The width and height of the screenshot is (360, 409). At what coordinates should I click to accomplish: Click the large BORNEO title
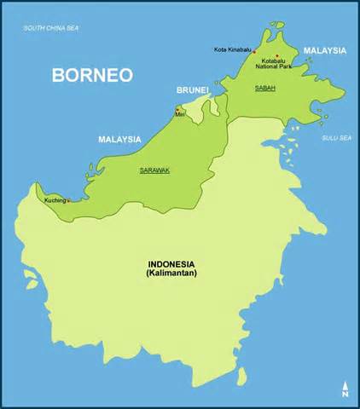[92, 74]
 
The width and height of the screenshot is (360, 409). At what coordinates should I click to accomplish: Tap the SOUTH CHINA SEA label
[50, 29]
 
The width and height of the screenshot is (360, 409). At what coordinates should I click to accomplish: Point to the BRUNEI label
[193, 89]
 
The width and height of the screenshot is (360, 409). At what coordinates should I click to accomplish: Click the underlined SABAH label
[264, 87]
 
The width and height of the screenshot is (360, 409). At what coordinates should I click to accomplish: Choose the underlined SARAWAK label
[154, 170]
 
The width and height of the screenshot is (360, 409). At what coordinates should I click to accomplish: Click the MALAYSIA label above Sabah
[325, 50]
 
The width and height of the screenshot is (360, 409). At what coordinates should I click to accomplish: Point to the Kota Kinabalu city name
[232, 50]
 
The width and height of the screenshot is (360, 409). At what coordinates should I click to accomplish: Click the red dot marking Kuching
[67, 201]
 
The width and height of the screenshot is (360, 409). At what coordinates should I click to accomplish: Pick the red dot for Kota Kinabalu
[254, 50]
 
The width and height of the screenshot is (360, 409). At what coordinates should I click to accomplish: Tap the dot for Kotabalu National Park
[276, 56]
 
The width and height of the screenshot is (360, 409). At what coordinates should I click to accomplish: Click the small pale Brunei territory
[200, 107]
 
